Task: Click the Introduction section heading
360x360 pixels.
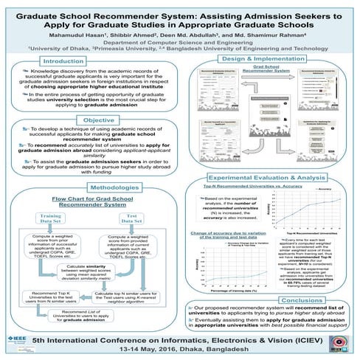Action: tap(63, 61)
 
